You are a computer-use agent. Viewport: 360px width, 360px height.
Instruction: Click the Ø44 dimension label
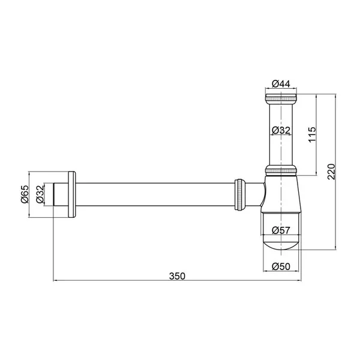281,84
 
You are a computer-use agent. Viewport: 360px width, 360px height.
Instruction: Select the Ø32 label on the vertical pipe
281,130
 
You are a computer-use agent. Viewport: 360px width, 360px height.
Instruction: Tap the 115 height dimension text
312,134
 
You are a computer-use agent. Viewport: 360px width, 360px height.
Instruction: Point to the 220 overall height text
331,172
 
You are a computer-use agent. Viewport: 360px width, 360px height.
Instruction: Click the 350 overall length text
177,276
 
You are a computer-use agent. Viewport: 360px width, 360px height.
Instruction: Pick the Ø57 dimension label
281,230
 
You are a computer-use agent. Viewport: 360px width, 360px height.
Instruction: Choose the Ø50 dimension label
281,266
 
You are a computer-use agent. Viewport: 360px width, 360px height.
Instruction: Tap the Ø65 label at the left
25,194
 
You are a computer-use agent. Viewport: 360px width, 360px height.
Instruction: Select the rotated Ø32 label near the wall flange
40,194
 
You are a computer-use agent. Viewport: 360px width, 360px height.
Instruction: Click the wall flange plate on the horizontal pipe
71,194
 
